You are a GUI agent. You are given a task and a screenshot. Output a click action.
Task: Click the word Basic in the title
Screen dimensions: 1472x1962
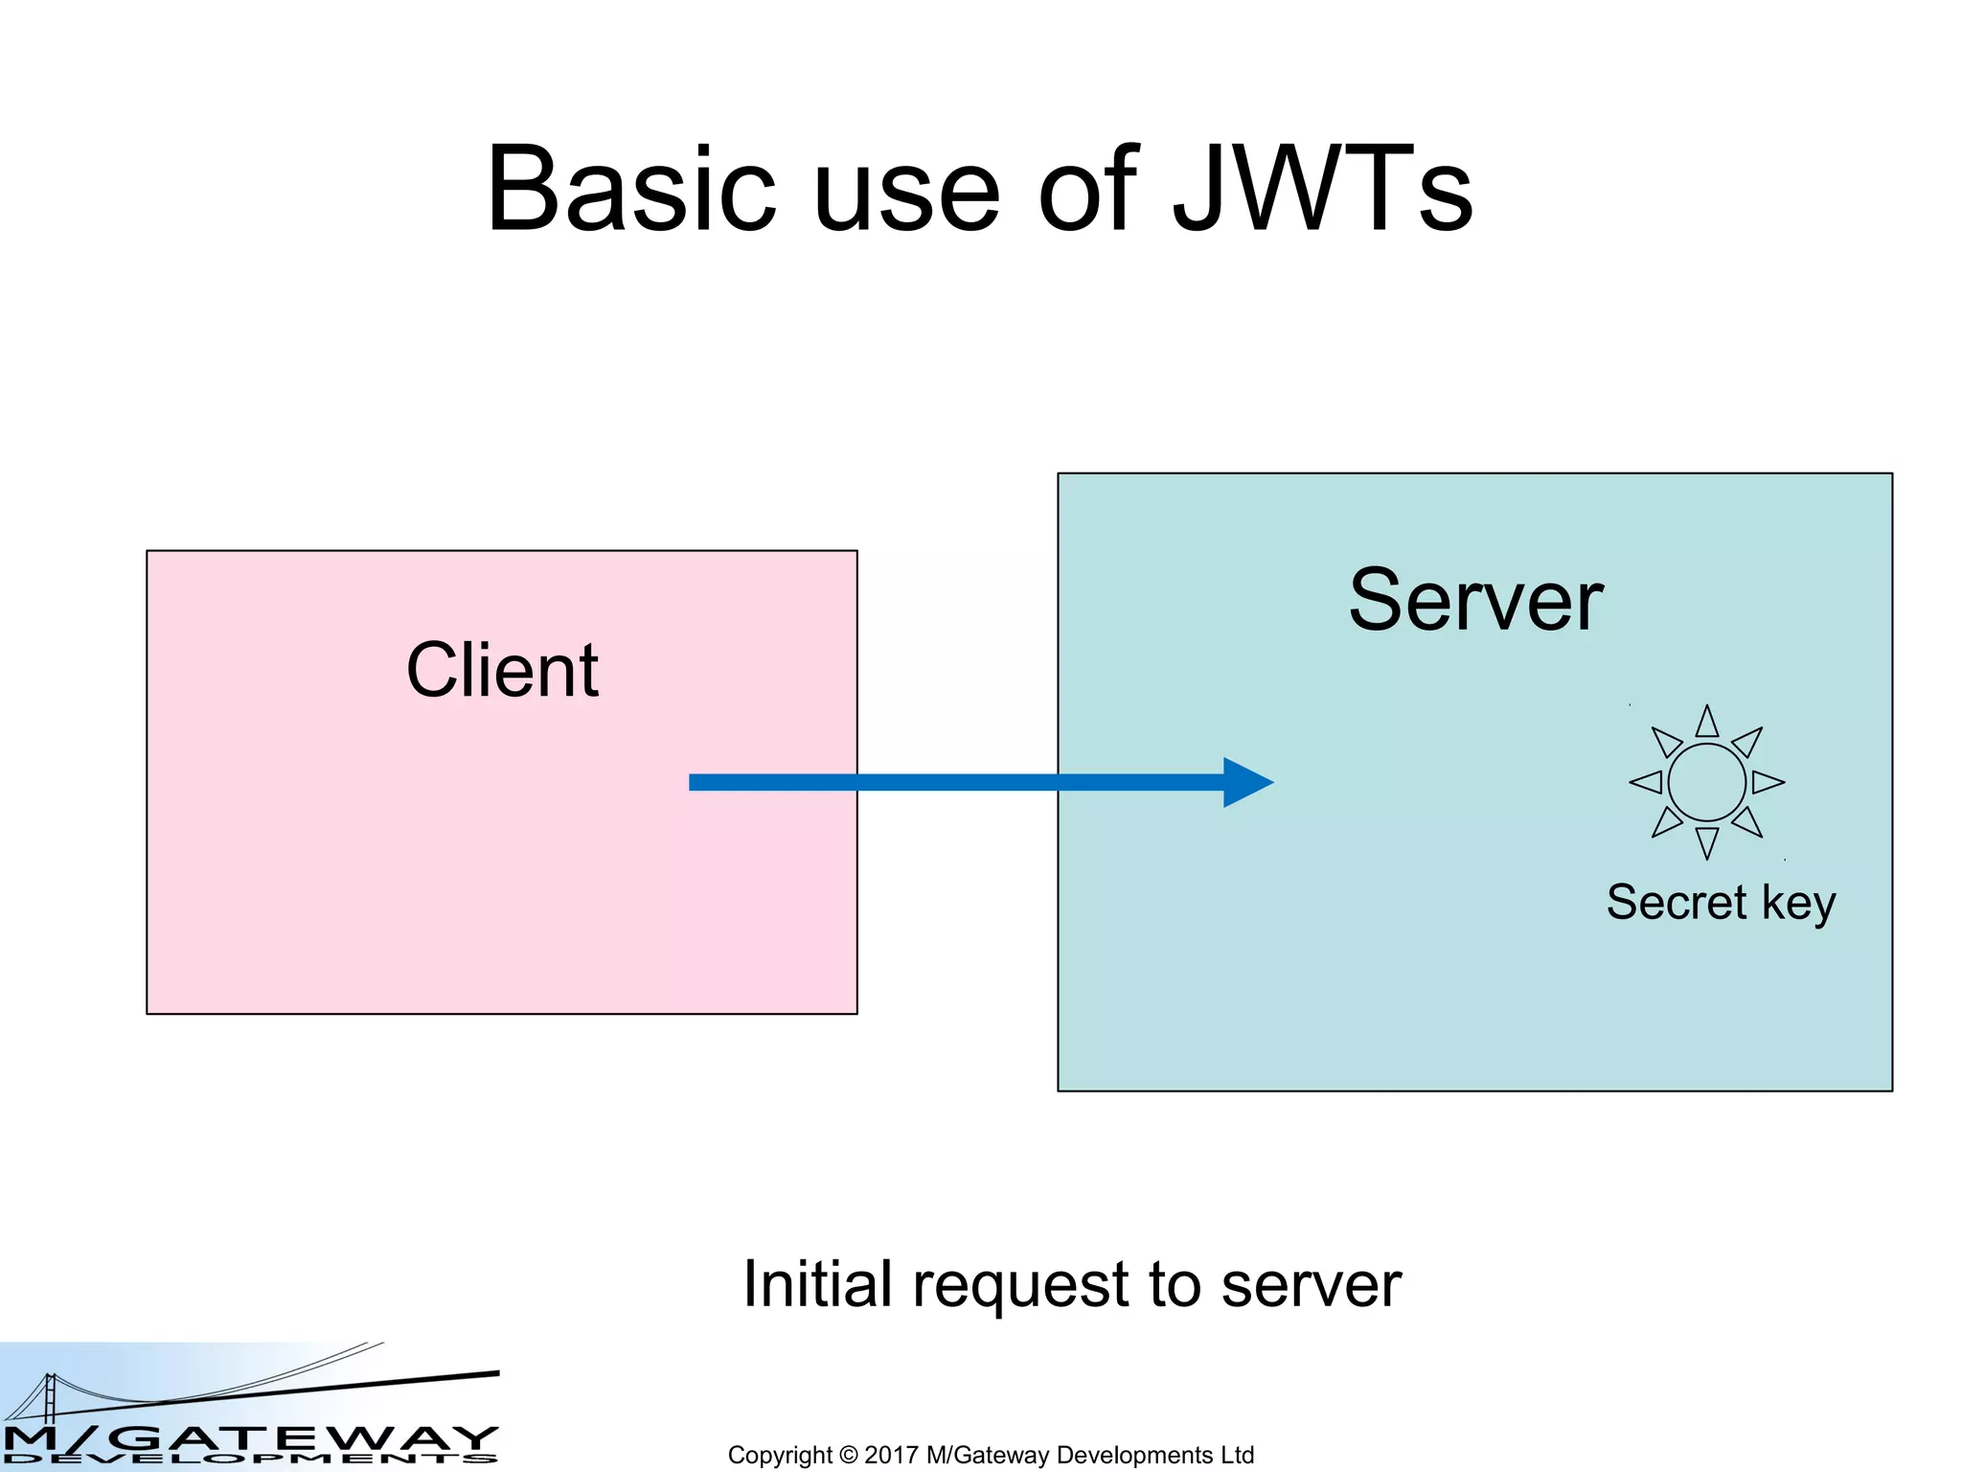pos(630,189)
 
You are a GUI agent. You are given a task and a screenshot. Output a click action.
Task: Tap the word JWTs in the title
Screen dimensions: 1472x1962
pos(1322,189)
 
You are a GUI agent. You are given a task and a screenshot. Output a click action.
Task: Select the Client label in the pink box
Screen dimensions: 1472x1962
pos(502,671)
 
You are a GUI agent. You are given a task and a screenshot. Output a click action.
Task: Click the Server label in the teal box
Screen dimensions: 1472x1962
pos(1475,601)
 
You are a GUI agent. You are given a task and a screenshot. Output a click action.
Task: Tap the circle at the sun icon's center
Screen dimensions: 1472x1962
pos(1706,782)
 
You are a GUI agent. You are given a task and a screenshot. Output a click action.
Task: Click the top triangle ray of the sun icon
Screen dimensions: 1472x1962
pos(1706,723)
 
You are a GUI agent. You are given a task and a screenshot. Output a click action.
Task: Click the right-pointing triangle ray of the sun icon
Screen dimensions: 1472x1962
pos(1767,782)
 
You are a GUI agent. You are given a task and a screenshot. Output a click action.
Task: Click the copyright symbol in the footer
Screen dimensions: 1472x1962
pos(848,1455)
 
